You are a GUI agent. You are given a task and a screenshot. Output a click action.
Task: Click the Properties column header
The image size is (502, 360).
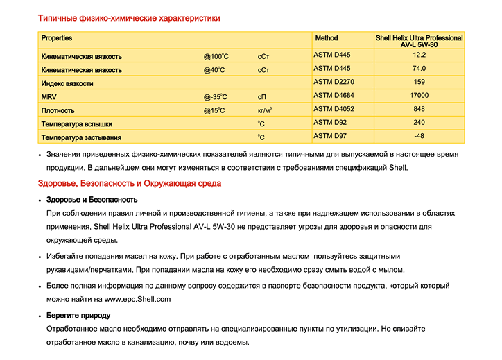tap(57, 38)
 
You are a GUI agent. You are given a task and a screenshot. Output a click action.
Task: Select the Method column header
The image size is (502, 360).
tap(327, 38)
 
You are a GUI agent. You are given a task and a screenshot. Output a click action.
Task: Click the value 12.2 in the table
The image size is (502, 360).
tap(419, 55)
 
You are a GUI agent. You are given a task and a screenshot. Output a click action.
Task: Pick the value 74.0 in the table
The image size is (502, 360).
tap(419, 69)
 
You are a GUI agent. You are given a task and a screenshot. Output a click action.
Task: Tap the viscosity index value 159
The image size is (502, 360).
tap(419, 82)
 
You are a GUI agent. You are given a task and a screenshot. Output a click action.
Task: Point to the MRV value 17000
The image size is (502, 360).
tap(419, 95)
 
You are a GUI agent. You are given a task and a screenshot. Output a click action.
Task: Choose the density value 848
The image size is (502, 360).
tap(419, 109)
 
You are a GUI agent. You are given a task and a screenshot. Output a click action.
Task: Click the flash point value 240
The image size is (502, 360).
tap(419, 122)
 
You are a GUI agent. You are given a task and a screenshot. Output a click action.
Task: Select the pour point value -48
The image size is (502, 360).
tap(419, 136)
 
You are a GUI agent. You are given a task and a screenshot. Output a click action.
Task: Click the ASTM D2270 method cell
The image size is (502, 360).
tap(334, 82)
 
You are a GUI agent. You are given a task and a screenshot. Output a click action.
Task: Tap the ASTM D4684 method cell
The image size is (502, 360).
tap(334, 95)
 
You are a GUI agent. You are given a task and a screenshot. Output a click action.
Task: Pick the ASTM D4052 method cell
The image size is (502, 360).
tap(334, 109)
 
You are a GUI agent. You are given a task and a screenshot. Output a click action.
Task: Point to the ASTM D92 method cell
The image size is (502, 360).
tap(330, 122)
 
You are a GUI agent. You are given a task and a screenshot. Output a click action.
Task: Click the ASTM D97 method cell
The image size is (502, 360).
tap(330, 136)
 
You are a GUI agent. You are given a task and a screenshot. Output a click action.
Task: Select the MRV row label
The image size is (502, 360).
tap(49, 97)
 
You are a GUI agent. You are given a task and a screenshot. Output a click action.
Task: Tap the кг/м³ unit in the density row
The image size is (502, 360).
tap(264, 110)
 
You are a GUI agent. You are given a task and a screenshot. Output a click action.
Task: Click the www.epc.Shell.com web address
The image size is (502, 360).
tap(137, 299)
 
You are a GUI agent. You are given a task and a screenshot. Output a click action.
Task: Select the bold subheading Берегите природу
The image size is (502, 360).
tap(78, 316)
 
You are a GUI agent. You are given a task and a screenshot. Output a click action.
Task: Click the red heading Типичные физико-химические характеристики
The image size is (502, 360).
tap(129, 17)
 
